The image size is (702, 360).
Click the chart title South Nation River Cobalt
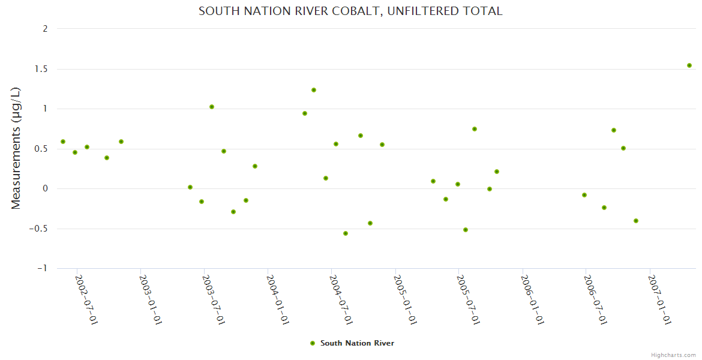point(350,11)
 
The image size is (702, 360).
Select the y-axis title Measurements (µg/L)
point(16,148)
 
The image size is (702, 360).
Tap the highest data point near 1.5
point(689,65)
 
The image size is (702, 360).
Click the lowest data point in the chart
point(346,233)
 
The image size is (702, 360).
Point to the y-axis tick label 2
point(45,29)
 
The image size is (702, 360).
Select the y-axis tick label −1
point(41,268)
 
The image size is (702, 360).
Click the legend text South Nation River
point(357,343)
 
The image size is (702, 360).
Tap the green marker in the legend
point(312,343)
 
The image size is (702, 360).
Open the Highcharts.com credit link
point(673,355)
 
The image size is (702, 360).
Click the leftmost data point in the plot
point(63,142)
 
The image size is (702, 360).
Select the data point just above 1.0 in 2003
point(212,107)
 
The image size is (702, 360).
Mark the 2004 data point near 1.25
point(314,90)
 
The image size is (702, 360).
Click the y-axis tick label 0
point(45,188)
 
